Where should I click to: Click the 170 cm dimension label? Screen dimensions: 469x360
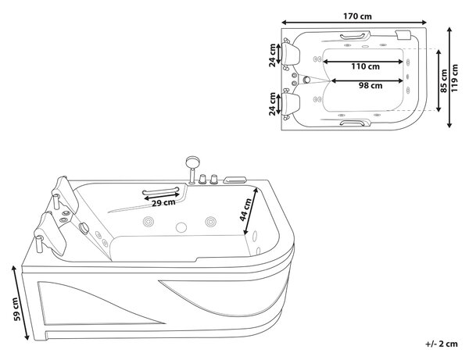point(357,16)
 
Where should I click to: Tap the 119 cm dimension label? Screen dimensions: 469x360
point(454,78)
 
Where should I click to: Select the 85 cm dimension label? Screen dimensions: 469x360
point(444,81)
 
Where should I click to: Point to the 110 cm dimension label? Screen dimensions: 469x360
point(365,66)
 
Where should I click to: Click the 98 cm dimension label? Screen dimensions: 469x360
point(371,85)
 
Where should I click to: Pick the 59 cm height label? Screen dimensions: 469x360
point(17,309)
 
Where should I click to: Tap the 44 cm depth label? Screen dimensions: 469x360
point(246,210)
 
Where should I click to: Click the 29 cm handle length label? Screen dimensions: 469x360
point(163,203)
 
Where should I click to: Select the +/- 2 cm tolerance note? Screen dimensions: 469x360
point(442,344)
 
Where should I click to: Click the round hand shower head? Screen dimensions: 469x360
point(192,162)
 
